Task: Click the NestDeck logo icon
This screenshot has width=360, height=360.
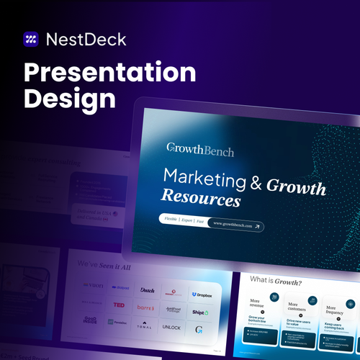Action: click(31, 39)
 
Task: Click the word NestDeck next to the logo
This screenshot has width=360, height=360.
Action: click(86, 39)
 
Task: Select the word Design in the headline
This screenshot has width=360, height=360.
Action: click(69, 100)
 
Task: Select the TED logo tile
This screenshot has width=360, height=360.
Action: click(120, 306)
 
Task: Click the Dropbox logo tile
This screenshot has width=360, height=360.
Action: click(201, 294)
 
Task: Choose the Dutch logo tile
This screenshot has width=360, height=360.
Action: click(147, 291)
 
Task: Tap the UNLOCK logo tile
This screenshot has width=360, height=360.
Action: click(172, 328)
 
